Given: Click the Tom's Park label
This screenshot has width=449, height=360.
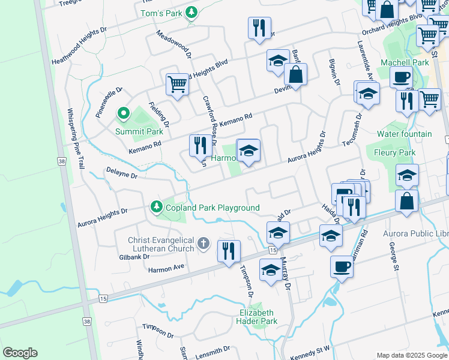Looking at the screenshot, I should click(x=160, y=13).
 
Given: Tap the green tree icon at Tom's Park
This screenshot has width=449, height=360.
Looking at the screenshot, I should click(x=191, y=13).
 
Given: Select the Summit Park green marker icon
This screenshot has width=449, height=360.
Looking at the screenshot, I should click(x=123, y=112).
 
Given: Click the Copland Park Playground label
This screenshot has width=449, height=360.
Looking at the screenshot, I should click(x=213, y=208).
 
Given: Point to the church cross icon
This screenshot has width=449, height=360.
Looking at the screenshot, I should click(x=203, y=243).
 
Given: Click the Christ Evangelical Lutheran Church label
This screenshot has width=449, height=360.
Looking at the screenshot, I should click(x=161, y=244).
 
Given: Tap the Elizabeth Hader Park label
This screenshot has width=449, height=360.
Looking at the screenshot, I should click(x=257, y=317).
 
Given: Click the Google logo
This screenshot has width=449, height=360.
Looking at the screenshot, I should click(x=20, y=353).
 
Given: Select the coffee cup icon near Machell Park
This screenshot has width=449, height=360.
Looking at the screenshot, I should click(x=401, y=77).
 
